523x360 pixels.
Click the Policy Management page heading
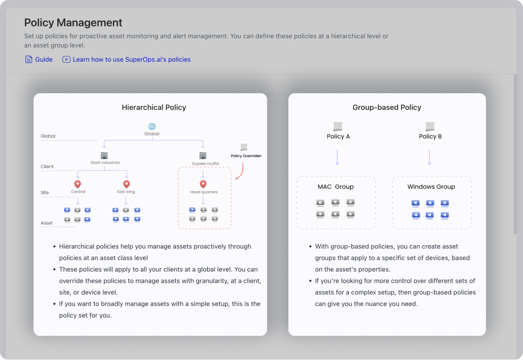point(73,22)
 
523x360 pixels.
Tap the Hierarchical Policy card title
point(154,108)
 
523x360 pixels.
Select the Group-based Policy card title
point(387,108)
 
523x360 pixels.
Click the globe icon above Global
point(152,127)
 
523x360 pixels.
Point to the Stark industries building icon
point(104,155)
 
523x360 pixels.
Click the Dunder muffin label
point(205,164)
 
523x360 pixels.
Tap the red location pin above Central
point(78,185)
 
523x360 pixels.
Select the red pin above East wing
point(126,185)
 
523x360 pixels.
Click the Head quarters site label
point(204,192)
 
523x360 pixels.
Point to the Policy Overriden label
point(246,156)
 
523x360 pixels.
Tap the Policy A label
point(338,136)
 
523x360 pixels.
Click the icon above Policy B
point(430,126)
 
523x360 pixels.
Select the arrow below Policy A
point(337,157)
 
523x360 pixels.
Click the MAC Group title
point(336,187)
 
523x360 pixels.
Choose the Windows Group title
point(431,187)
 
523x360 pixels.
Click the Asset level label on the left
point(47,223)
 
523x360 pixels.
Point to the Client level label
point(47,167)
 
